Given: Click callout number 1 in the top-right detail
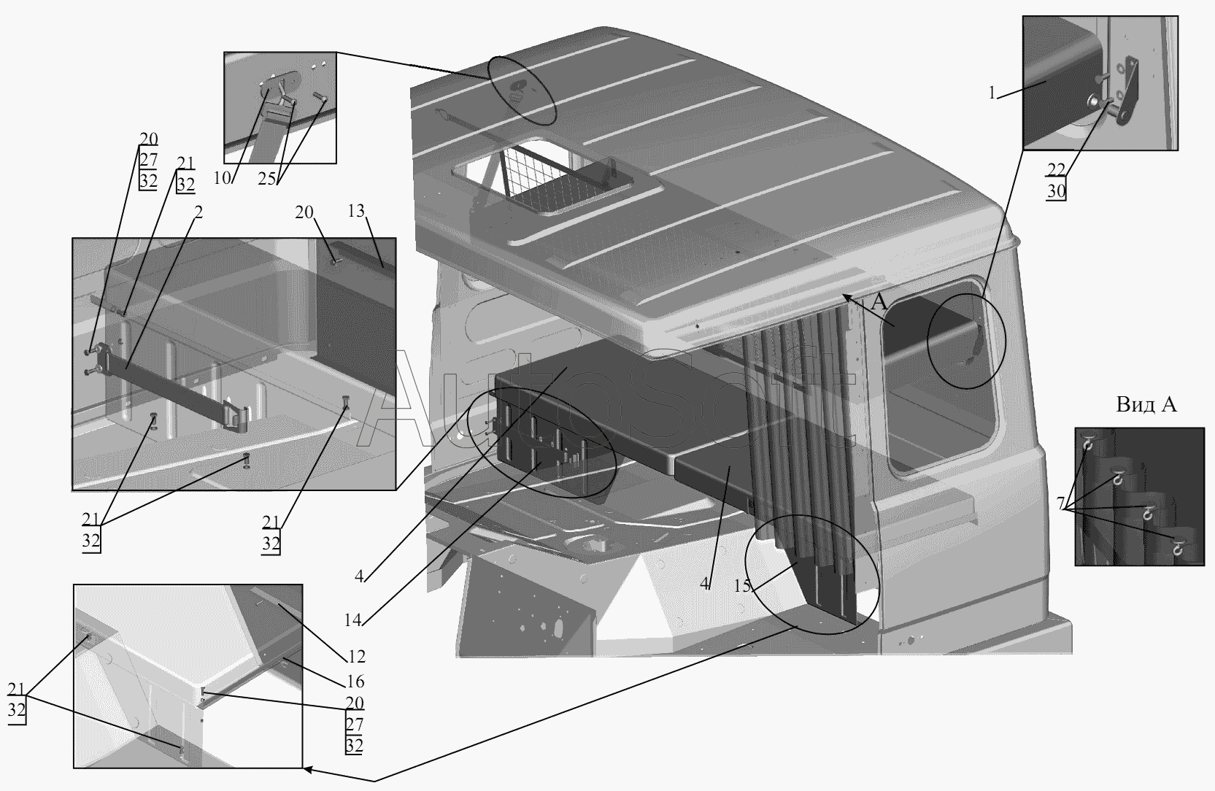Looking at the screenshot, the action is coord(992,93).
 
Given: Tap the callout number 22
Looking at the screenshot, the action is coord(1056,169).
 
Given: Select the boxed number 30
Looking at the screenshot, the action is coord(1056,192).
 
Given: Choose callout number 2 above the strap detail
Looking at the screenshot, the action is coord(198,212).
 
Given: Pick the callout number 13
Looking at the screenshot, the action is coord(355,212).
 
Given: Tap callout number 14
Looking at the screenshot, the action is coord(353,620).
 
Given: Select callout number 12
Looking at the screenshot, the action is coord(357,656).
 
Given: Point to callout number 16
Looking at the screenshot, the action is coord(356,682).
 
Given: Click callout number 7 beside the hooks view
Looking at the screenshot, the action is coord(1060,504).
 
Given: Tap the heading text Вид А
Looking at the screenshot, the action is coord(1146,405).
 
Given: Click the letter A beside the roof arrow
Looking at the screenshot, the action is coord(880,302).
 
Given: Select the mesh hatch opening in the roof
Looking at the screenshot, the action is coord(555,182).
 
